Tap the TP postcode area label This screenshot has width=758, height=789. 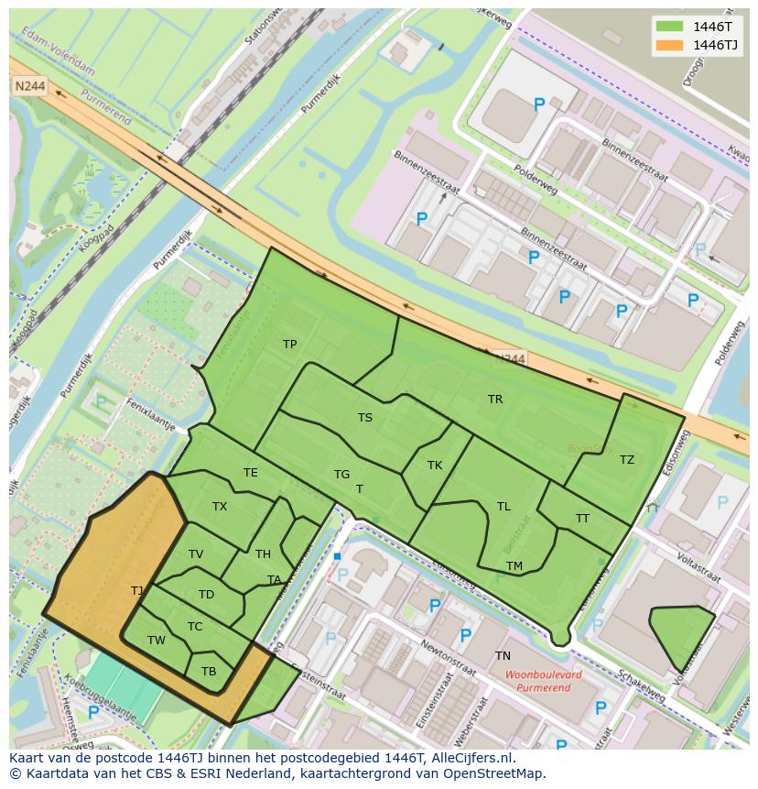tap(289, 345)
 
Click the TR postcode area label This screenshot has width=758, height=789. tap(495, 400)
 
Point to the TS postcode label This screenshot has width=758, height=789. tap(364, 418)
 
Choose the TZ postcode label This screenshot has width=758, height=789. tap(626, 460)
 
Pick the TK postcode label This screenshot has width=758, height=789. tap(435, 466)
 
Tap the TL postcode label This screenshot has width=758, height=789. tap(504, 507)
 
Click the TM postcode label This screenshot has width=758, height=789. tap(514, 566)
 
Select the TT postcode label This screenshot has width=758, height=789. tap(582, 519)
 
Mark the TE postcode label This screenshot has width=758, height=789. tap(250, 473)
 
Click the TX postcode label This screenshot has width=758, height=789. tap(220, 507)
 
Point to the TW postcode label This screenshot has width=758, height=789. tap(157, 641)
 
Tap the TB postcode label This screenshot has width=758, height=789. tap(209, 672)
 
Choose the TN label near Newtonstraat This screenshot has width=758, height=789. tap(503, 656)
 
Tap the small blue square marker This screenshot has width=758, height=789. tap(337, 556)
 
